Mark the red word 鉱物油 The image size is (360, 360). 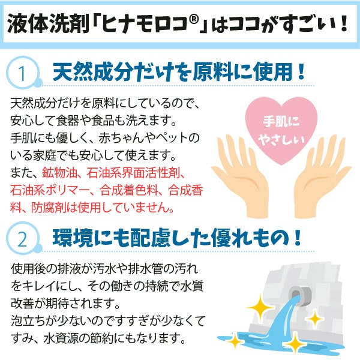[59, 174]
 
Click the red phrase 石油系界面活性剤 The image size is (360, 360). [130, 174]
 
